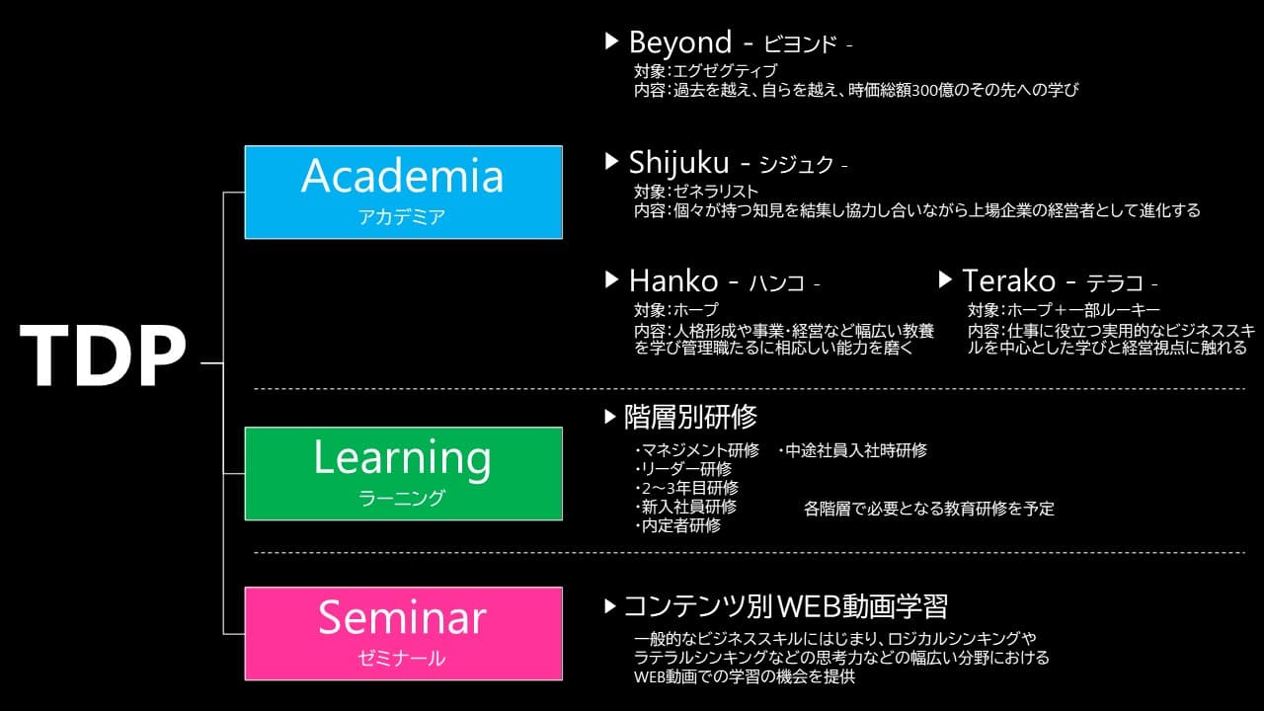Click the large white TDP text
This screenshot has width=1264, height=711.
103,355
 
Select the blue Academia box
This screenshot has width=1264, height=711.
404,193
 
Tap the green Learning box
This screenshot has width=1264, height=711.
404,473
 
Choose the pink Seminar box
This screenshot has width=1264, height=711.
404,634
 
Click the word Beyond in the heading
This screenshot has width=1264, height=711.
680,43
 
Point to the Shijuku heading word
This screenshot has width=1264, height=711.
678,164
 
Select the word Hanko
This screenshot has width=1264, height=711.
673,281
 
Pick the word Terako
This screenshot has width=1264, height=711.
1008,281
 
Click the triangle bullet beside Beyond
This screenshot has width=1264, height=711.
611,41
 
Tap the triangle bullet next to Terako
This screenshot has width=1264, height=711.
945,279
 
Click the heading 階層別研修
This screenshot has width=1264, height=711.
690,418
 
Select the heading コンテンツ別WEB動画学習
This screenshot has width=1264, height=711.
785,606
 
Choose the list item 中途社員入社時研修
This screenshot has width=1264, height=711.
852,451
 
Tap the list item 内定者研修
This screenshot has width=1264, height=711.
678,526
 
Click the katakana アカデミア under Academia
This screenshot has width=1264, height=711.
402,217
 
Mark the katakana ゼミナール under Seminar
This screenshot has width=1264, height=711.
402,659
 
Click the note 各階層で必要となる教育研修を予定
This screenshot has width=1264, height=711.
929,509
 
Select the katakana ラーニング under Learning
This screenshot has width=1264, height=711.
402,499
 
